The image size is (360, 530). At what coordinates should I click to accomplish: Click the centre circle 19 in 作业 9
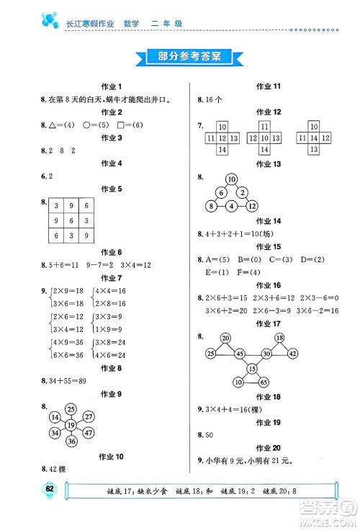[70, 424]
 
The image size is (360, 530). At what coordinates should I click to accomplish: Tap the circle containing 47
[88, 432]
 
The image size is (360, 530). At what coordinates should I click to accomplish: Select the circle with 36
[70, 441]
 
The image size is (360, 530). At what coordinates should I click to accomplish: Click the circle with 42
[293, 353]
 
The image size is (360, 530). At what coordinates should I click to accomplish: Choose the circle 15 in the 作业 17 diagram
[253, 369]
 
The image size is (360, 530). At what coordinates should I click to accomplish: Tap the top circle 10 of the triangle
[231, 179]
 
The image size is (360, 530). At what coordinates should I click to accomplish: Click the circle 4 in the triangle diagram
[231, 207]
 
